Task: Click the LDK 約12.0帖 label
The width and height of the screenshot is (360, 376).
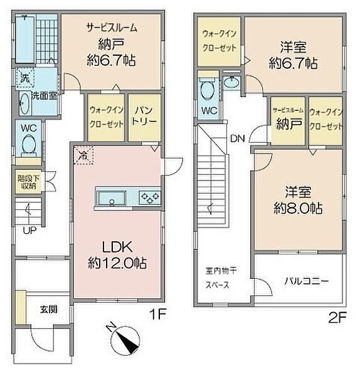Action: coord(117,254)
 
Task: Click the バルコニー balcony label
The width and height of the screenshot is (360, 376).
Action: coord(305,281)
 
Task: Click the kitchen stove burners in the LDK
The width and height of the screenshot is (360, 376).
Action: coord(149,197)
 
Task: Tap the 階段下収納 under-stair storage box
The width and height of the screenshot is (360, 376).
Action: coord(26,180)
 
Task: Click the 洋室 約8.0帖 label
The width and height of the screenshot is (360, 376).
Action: coord(298,201)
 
